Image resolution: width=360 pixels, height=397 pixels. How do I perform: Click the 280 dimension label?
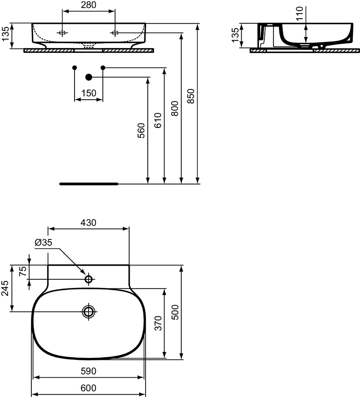[x=89, y=5]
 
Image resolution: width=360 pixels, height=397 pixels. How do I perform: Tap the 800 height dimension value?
[x=174, y=108]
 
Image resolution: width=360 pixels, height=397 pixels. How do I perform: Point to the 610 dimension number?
[x=158, y=120]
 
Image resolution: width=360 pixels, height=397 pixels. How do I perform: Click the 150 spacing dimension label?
[x=89, y=93]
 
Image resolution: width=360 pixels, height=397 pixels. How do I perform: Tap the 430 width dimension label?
[x=88, y=223]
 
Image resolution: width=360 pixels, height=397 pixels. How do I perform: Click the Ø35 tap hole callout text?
[x=43, y=242]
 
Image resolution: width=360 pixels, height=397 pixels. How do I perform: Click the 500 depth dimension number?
[x=175, y=312]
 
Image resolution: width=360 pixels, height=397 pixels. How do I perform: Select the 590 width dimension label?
[x=89, y=371]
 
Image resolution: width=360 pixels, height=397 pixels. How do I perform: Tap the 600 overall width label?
[x=89, y=388]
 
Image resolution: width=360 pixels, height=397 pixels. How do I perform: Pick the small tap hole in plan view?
[x=89, y=279]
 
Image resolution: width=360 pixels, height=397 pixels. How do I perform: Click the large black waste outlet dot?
[x=89, y=77]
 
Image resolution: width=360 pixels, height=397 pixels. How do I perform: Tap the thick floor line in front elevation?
[x=89, y=183]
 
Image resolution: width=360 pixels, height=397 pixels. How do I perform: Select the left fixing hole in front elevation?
[x=63, y=33]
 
